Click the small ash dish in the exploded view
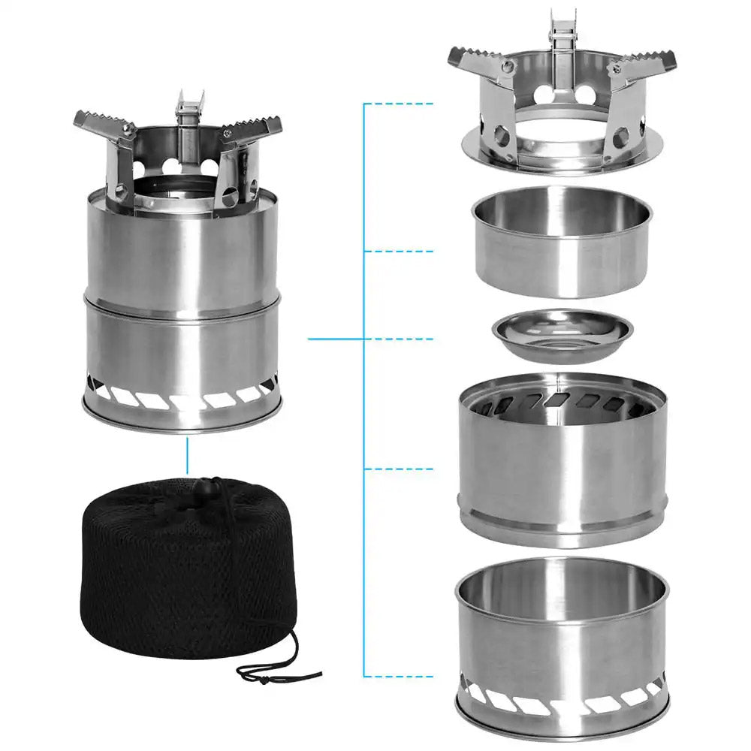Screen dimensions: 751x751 (x=562, y=336)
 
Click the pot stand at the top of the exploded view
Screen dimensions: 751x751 (x=562, y=113)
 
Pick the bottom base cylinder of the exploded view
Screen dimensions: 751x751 (x=562, y=646)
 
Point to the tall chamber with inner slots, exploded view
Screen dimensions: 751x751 (x=562, y=458)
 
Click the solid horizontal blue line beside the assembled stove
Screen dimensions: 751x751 (x=336, y=339)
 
